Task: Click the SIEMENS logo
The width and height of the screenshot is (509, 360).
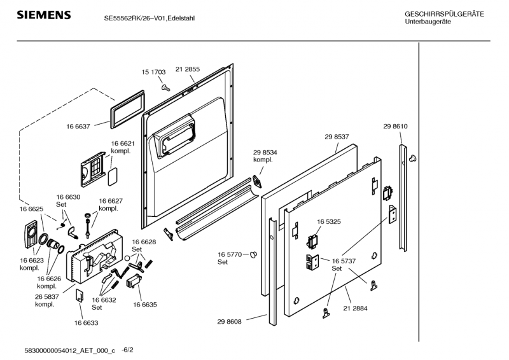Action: pos(43,15)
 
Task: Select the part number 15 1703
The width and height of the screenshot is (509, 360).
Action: pos(153,73)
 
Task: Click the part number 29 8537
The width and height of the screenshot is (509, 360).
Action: pos(337,137)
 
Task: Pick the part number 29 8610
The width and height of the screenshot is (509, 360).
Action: pos(395,127)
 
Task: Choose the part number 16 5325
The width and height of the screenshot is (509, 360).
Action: pos(329,221)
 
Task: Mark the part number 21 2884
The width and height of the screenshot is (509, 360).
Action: pos(355,308)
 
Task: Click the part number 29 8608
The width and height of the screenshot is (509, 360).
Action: pos(229,323)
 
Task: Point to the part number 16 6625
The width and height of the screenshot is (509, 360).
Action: pos(31,209)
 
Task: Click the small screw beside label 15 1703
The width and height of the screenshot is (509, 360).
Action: pos(165,86)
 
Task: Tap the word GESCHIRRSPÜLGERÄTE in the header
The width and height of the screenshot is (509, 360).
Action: pos(444,14)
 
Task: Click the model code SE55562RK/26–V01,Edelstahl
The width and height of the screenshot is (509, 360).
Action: pos(150,18)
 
